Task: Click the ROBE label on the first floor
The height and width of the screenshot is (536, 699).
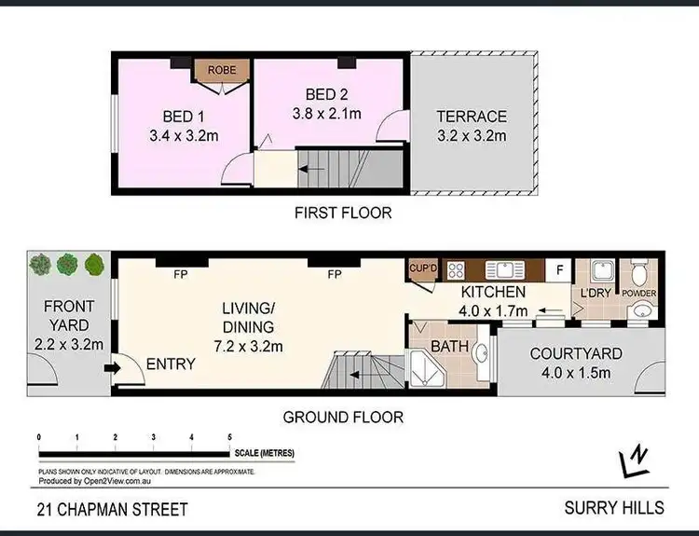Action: tap(222, 70)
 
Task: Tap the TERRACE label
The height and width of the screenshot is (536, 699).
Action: tap(473, 117)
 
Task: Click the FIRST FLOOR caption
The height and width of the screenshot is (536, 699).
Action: tap(343, 213)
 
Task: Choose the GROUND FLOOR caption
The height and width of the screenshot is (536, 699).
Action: tap(343, 417)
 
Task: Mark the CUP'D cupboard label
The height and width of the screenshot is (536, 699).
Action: tap(424, 269)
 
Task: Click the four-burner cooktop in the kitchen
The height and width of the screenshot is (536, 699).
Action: tap(458, 271)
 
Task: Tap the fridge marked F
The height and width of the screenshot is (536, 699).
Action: tap(559, 271)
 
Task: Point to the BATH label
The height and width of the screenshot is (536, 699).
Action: tap(449, 346)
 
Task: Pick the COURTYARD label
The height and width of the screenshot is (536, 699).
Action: tap(576, 354)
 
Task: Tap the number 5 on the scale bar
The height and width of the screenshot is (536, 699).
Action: tap(229, 436)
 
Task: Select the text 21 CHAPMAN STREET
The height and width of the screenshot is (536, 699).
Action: tap(112, 509)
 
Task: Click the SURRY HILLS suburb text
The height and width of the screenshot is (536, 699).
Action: tap(614, 508)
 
